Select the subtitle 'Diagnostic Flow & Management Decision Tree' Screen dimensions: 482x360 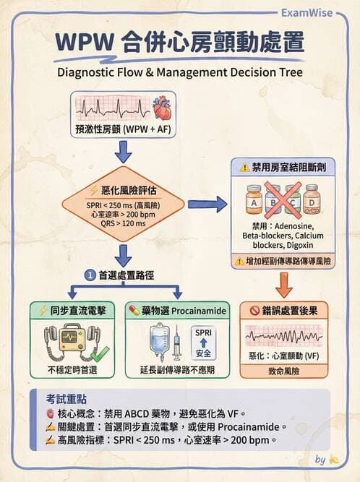pyautogui.click(x=179, y=72)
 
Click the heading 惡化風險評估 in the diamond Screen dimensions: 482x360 pyautogui.click(x=125, y=191)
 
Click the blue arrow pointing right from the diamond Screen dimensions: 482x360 pyautogui.click(x=207, y=205)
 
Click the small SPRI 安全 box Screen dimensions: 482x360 pyautogui.click(x=204, y=343)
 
